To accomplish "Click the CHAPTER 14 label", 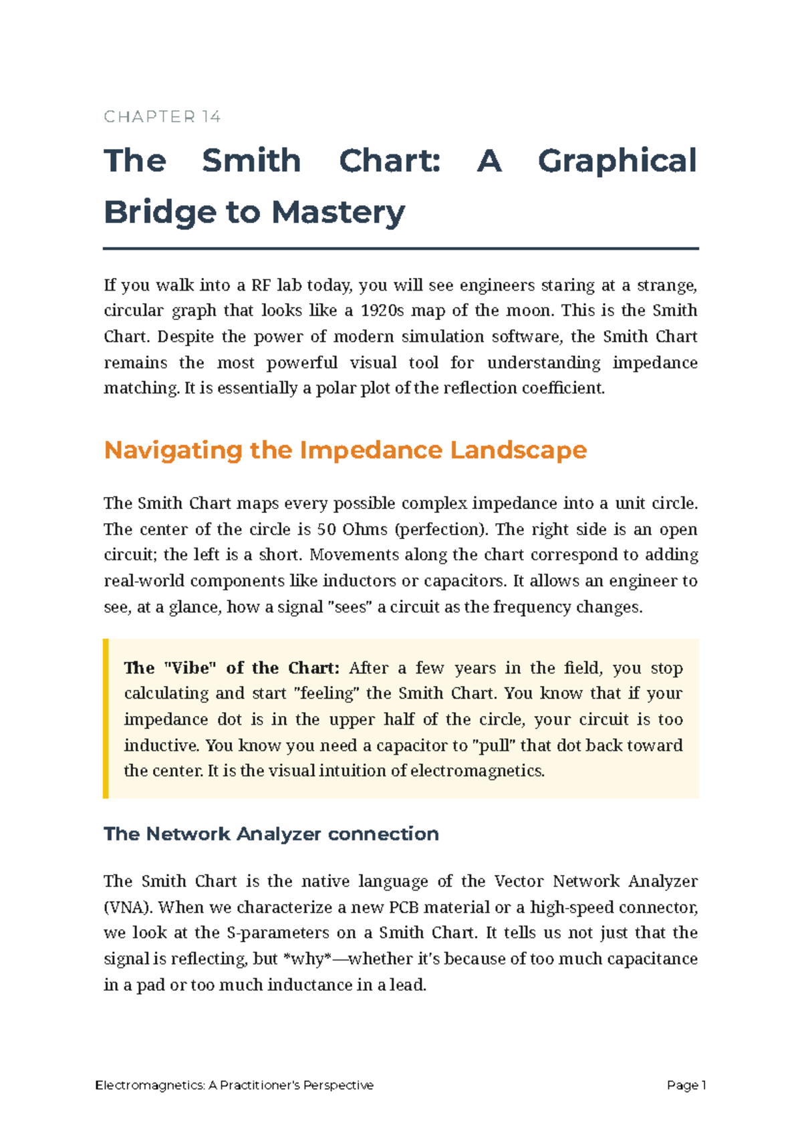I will click(x=162, y=117).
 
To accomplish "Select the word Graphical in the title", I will click(x=617, y=161).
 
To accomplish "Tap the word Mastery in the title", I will click(x=338, y=212).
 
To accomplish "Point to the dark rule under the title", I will click(x=401, y=249).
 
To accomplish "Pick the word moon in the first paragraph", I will click(x=531, y=311).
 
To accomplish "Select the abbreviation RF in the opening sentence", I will click(x=261, y=285).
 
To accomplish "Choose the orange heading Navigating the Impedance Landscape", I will click(x=346, y=450).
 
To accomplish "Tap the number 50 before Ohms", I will click(x=326, y=530).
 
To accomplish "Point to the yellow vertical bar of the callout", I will click(x=106, y=719).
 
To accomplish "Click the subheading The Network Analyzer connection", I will click(x=271, y=834).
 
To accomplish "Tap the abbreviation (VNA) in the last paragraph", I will click(x=128, y=907).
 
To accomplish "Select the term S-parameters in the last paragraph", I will click(x=277, y=933).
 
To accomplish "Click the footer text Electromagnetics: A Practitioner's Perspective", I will click(x=235, y=1086).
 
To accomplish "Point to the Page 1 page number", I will click(x=686, y=1086).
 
